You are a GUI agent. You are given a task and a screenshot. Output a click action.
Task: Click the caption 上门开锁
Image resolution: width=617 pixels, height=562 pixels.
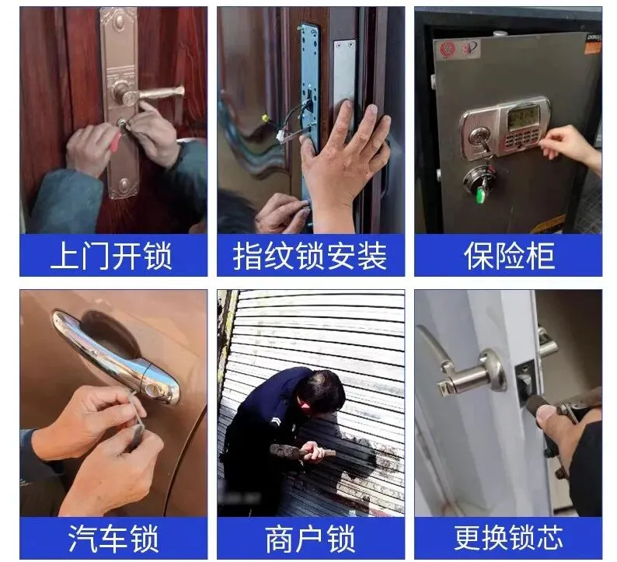click(111, 256)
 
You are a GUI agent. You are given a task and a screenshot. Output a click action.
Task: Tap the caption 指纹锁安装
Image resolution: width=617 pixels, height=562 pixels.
click(310, 256)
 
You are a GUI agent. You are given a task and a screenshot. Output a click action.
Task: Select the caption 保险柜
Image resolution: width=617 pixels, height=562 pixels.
click(509, 256)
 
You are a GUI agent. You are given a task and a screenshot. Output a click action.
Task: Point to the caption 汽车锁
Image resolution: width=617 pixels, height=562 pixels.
click(113, 539)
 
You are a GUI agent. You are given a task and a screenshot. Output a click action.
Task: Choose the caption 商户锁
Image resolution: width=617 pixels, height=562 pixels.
click(310, 539)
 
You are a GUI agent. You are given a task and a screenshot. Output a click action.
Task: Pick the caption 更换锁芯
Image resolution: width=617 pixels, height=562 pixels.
click(508, 539)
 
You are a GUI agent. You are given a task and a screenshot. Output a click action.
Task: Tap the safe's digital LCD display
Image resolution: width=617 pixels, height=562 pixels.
click(523, 117)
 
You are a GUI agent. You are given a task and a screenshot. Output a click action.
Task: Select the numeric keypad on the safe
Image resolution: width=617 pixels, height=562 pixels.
click(520, 140)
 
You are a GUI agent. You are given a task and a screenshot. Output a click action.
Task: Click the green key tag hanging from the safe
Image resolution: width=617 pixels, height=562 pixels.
click(480, 194)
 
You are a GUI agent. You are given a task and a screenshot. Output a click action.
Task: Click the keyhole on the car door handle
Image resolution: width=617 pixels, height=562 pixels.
click(151, 389)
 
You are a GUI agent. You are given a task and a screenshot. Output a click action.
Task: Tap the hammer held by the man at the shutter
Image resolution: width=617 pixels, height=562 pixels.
click(302, 451)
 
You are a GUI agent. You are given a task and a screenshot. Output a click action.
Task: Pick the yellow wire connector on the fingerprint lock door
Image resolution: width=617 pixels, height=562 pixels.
click(265, 117)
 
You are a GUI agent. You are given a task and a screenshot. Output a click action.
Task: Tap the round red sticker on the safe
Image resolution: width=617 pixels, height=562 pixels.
click(447, 49)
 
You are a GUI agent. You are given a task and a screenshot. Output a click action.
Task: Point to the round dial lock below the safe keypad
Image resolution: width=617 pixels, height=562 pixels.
click(477, 179)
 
